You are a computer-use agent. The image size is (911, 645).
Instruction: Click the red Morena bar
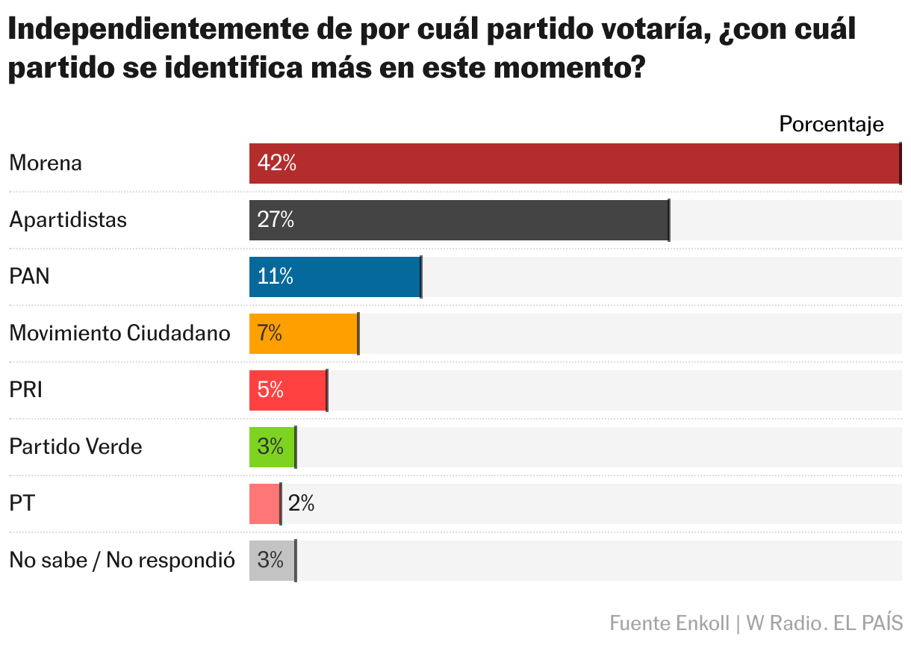tap(574, 163)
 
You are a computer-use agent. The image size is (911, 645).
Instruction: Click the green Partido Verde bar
tap(272, 447)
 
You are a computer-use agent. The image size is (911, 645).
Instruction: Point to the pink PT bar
tap(264, 504)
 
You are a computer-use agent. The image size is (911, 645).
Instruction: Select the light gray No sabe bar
tap(272, 561)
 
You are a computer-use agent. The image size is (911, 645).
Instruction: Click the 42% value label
tap(276, 163)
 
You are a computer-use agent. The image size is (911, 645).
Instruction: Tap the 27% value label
tap(276, 220)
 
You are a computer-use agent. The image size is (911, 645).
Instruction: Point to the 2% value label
tap(301, 504)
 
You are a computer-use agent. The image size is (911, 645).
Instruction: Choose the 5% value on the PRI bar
tap(270, 390)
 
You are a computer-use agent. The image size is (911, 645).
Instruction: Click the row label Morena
tap(46, 163)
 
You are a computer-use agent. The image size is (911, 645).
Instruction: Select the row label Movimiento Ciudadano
tap(119, 333)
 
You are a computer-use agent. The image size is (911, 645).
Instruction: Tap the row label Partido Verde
tap(75, 447)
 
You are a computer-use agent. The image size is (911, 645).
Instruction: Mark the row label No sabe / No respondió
tap(122, 560)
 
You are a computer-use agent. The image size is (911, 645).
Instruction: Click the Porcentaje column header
tap(831, 125)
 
